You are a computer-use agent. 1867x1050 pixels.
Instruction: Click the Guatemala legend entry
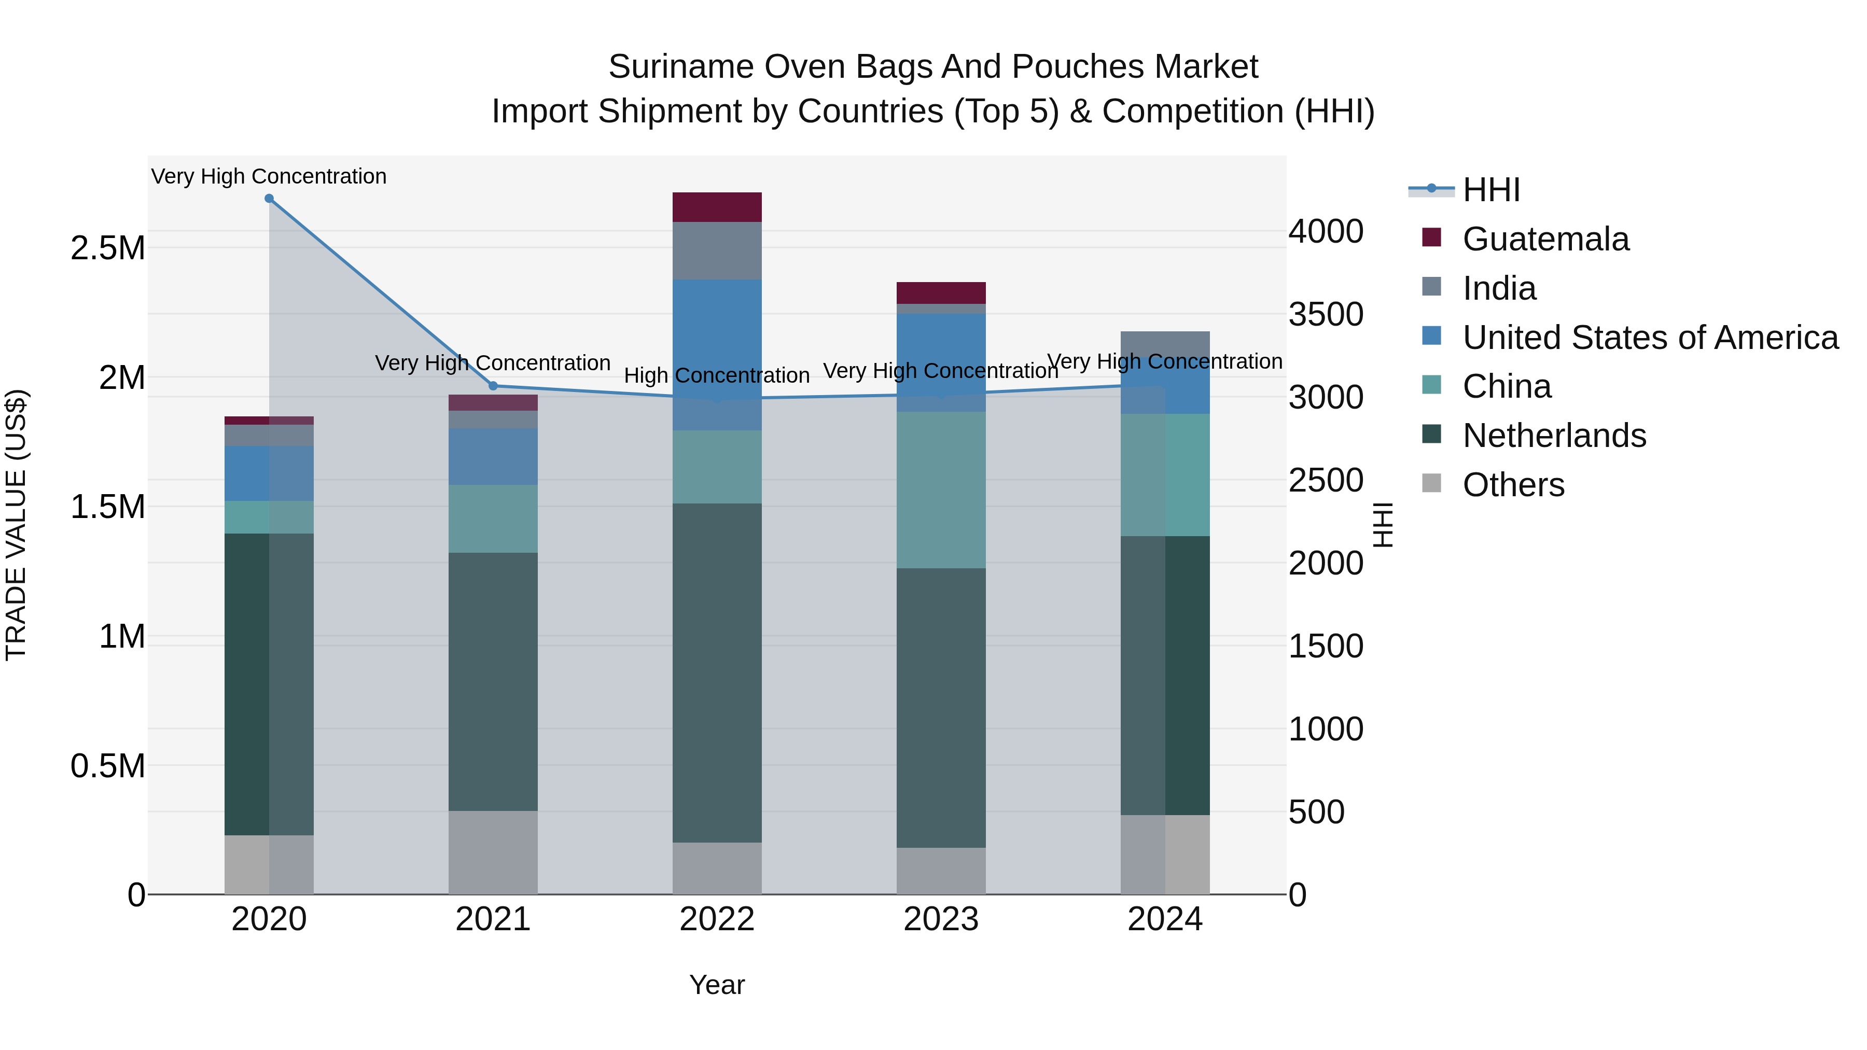(1544, 239)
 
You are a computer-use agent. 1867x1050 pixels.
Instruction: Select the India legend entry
(1498, 288)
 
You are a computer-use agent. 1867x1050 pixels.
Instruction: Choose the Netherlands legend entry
(1553, 436)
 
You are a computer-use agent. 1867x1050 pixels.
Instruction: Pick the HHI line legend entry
(1490, 190)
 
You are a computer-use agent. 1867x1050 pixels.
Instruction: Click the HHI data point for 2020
(269, 199)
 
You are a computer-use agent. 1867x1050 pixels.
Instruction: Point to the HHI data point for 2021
(493, 385)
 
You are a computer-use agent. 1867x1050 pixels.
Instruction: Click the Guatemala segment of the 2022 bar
(717, 207)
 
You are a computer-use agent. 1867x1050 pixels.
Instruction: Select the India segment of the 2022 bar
(717, 251)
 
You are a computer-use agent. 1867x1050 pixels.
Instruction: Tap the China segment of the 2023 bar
(941, 490)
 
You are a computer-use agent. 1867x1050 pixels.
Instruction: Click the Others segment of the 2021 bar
(493, 852)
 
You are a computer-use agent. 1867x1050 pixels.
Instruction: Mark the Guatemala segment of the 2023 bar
(941, 293)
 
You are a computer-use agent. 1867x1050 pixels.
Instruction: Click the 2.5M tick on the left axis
(107, 248)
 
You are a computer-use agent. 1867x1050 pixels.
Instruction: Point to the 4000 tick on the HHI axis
(1326, 232)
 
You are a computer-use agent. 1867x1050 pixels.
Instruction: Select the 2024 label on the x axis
(1165, 919)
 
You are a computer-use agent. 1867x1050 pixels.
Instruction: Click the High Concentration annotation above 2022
(717, 375)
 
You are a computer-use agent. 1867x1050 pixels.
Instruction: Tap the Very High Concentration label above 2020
(269, 176)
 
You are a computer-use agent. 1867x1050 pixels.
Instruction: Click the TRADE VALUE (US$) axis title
(16, 525)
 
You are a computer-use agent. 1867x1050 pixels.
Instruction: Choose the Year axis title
(717, 985)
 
